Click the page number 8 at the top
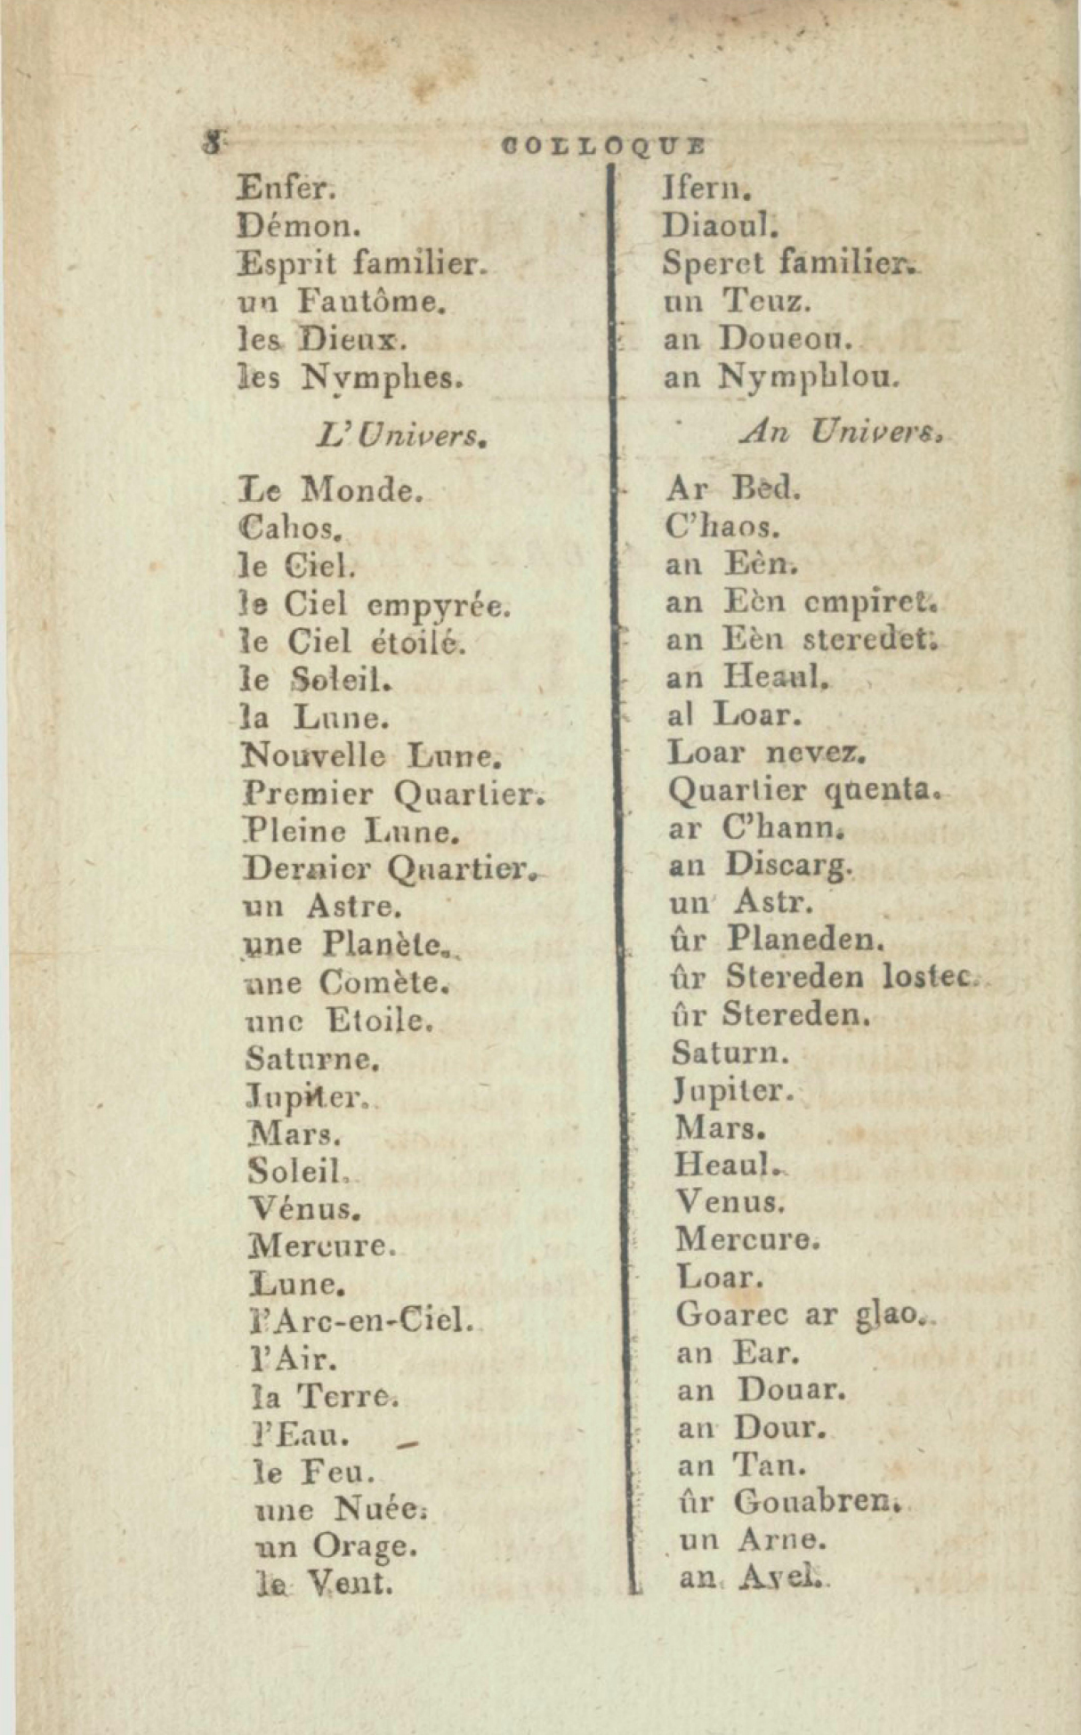point(214,143)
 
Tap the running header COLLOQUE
point(604,145)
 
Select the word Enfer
point(286,188)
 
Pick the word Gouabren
point(812,1502)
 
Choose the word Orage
point(363,1547)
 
